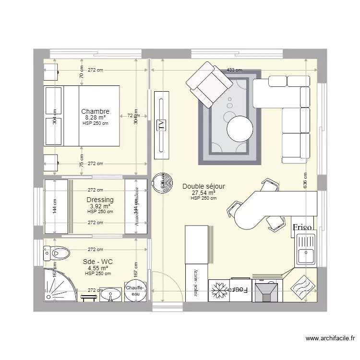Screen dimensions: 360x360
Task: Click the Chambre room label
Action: [x=95, y=111]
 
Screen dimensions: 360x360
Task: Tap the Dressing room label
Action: [x=100, y=200]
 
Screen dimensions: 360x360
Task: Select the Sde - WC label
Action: [x=97, y=262]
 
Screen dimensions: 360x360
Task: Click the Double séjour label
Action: [x=204, y=187]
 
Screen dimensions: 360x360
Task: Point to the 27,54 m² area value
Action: [x=204, y=193]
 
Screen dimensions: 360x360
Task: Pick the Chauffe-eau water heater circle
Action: [x=134, y=291]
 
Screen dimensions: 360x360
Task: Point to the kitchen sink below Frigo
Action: [x=305, y=250]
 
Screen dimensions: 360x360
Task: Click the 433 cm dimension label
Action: [x=234, y=70]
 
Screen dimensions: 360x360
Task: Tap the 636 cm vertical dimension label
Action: [x=304, y=181]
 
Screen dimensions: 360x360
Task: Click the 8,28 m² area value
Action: [x=95, y=117]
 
